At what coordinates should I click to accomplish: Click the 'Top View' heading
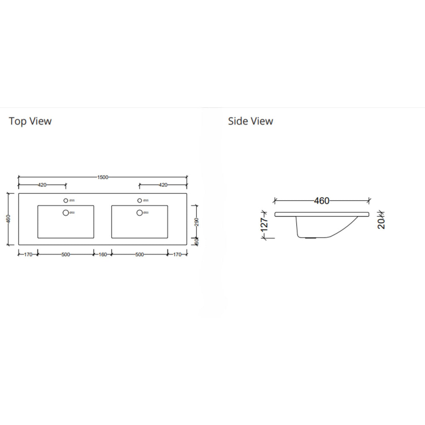pos(30,121)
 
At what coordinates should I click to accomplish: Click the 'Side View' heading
pos(250,121)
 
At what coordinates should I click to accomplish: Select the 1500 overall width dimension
pos(103,177)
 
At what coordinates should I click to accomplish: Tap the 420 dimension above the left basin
pos(42,185)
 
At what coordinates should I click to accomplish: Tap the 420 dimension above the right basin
pos(163,185)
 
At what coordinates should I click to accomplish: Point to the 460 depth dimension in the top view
pos(8,219)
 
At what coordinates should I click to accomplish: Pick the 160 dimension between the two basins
pos(102,255)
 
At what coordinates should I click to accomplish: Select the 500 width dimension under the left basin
pos(65,255)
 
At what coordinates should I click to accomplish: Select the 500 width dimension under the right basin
pos(139,255)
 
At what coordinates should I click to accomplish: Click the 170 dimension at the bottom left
pos(28,255)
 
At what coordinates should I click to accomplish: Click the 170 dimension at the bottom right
pos(178,255)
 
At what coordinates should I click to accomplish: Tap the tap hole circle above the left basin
pos(65,200)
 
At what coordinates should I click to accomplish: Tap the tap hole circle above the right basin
pos(139,200)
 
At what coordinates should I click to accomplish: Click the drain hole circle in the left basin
pos(65,212)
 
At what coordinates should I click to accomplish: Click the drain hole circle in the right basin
pos(139,212)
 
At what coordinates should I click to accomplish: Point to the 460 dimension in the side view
pos(321,201)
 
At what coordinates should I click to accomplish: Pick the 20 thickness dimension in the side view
pos(381,222)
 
